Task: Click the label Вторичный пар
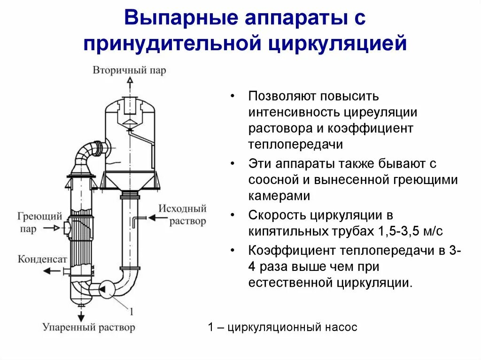pos(129,70)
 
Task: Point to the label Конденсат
pos(43,259)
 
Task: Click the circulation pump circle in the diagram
pos(108,290)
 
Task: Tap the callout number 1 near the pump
pos(131,311)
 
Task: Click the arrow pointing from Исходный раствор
pos(154,217)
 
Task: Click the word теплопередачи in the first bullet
pos(295,144)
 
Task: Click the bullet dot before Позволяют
pos(233,97)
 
